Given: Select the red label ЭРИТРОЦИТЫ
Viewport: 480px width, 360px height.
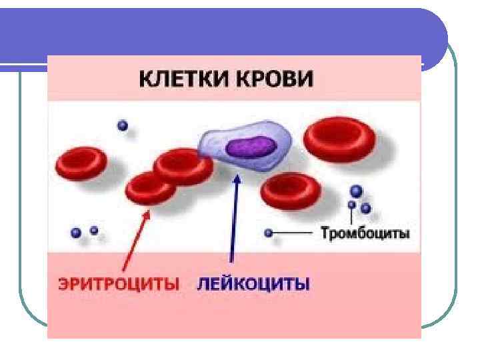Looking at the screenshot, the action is pyautogui.click(x=117, y=284).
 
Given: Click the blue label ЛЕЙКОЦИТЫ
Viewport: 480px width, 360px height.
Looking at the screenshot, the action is pyautogui.click(x=253, y=284).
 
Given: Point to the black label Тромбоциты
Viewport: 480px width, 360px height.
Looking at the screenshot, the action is pyautogui.click(x=365, y=234).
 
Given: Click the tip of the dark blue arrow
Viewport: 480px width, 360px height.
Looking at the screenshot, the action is pyautogui.click(x=235, y=175).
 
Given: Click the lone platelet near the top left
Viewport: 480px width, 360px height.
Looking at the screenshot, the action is pyautogui.click(x=121, y=125).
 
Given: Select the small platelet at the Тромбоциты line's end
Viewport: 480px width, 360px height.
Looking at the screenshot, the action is pyautogui.click(x=268, y=234).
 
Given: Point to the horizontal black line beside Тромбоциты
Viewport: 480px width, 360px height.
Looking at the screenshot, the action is pyautogui.click(x=293, y=234).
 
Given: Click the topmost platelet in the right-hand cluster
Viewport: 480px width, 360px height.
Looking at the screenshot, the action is pyautogui.click(x=357, y=191).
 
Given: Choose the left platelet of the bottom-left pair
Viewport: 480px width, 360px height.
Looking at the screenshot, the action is pyautogui.click(x=76, y=233).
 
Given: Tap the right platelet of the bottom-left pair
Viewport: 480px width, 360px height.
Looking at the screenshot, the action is pyautogui.click(x=94, y=231).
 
